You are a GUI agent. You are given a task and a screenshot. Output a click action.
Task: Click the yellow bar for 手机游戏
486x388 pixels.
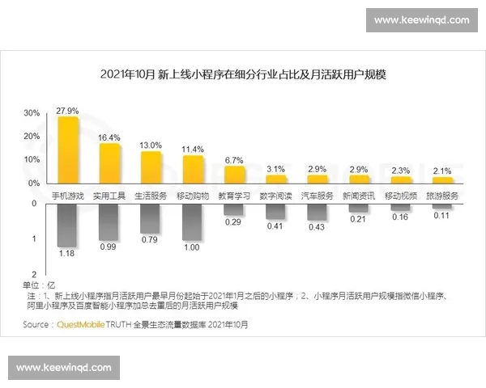(67, 151)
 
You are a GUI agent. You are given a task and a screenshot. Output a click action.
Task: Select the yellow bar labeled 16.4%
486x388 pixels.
(109, 164)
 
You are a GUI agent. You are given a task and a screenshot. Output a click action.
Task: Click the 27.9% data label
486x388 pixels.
(67, 110)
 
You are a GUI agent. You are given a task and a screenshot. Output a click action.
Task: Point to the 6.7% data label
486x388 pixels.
(234, 160)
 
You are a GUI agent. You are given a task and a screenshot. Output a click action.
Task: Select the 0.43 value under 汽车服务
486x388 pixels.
(317, 228)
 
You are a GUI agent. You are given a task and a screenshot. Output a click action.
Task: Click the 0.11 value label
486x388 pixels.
(441, 216)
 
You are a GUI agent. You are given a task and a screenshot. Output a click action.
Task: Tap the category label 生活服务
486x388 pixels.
(151, 196)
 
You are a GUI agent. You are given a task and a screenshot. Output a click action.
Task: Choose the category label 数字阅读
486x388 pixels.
(275, 196)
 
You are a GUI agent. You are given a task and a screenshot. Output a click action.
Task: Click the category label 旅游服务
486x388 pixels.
(441, 196)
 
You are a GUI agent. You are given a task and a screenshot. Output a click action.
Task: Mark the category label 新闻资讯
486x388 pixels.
(358, 196)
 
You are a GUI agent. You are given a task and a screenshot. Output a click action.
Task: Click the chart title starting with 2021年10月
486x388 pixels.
(242, 74)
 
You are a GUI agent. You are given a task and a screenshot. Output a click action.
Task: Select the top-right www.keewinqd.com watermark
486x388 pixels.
(421, 20)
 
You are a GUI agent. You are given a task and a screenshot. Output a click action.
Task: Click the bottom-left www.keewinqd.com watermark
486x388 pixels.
(64, 368)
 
